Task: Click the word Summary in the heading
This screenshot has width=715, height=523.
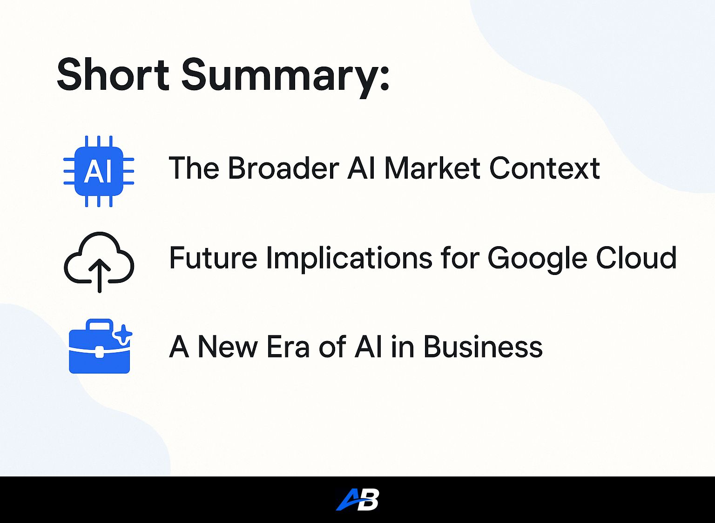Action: point(280,79)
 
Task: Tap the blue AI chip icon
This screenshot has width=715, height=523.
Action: point(99,171)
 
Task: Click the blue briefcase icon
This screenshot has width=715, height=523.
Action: point(100,346)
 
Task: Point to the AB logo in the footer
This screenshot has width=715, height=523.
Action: point(357,499)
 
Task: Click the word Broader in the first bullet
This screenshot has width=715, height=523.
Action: point(283,168)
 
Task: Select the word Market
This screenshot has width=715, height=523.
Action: point(432,168)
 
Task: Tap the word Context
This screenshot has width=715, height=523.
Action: point(545,168)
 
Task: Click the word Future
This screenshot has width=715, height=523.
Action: point(213,257)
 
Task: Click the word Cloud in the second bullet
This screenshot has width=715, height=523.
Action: point(636,257)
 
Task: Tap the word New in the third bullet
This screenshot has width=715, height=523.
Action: point(228,347)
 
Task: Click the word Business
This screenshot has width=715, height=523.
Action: point(483,347)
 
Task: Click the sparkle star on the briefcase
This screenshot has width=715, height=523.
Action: point(123,334)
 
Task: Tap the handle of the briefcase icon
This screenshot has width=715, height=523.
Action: point(100,324)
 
